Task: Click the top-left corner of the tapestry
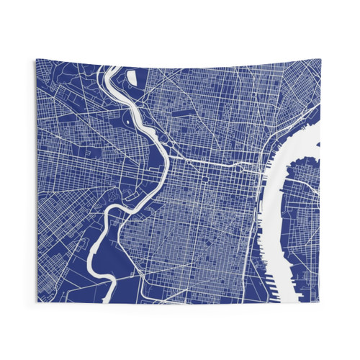pyautogui.click(x=35, y=60)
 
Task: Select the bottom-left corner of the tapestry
pyautogui.click(x=37, y=302)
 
